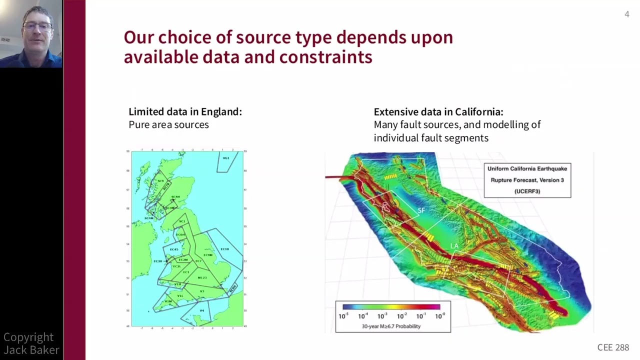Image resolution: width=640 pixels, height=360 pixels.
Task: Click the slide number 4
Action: [626, 14]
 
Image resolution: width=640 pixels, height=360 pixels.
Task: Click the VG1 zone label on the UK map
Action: [226, 158]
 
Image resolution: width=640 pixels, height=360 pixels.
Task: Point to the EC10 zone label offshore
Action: [224, 249]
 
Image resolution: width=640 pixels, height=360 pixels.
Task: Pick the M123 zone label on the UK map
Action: [202, 277]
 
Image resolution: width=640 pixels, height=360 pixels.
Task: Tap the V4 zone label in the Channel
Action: [202, 310]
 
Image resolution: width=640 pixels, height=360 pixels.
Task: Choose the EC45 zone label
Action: [174, 249]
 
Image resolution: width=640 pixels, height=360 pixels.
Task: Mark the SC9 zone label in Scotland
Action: [160, 181]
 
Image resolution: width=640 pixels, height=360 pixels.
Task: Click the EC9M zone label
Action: [208, 255]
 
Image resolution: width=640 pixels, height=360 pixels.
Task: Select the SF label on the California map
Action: [421, 210]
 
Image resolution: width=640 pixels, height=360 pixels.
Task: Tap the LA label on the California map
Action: [454, 246]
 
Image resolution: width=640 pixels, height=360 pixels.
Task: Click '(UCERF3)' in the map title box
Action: [527, 191]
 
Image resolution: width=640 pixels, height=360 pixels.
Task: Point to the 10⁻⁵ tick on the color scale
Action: [343, 316]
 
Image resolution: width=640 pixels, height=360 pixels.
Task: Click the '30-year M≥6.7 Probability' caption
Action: [391, 326]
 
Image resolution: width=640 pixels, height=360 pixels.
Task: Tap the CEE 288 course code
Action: [613, 347]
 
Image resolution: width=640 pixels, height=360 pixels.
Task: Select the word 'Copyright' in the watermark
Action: [28, 337]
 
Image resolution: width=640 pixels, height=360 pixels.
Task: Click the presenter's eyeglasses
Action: [37, 26]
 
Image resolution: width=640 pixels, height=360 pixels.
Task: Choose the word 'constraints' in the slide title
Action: [325, 57]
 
